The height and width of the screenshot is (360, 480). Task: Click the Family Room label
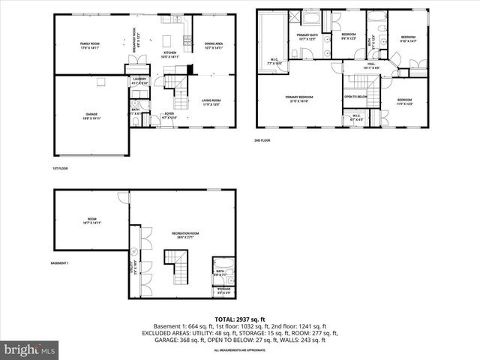pos(90,46)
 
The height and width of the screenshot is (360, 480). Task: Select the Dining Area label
pos(214,46)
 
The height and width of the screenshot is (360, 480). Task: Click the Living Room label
pos(211,102)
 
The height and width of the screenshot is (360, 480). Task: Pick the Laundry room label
pos(139,80)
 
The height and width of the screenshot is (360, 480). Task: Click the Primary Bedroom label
pos(298,98)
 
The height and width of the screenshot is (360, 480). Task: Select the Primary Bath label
pos(308,37)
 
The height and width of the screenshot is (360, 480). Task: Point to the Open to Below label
pos(355,97)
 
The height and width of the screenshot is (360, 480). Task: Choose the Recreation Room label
pos(184,235)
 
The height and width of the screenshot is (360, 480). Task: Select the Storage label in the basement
pos(223,289)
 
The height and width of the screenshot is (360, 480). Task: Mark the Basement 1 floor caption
pos(59,263)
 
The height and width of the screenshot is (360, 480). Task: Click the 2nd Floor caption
pos(262,140)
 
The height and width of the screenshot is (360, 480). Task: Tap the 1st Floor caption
pos(60,169)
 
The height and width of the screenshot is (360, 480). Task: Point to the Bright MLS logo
pos(30,350)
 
